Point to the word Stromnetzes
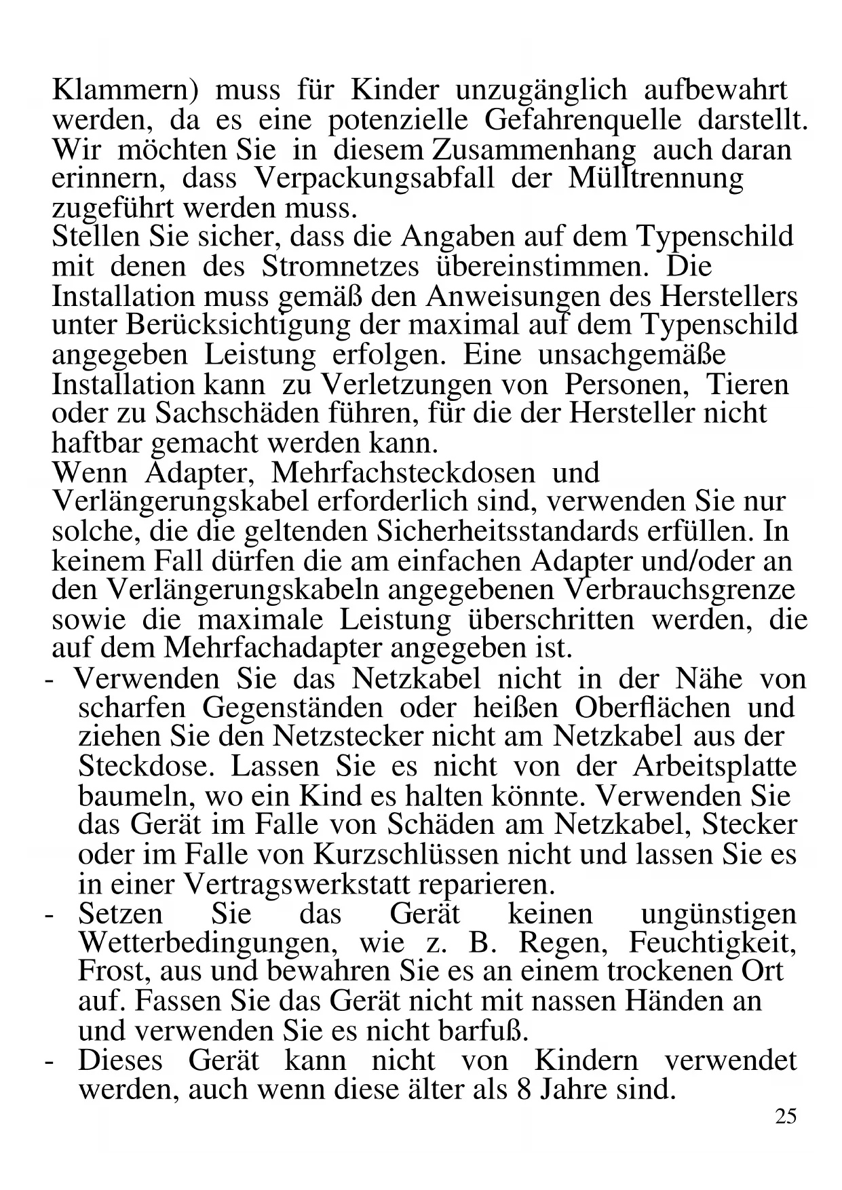340,265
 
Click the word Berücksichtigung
237,324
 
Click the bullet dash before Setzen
48,914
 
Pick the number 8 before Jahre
521,1090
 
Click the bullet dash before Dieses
48,1060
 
